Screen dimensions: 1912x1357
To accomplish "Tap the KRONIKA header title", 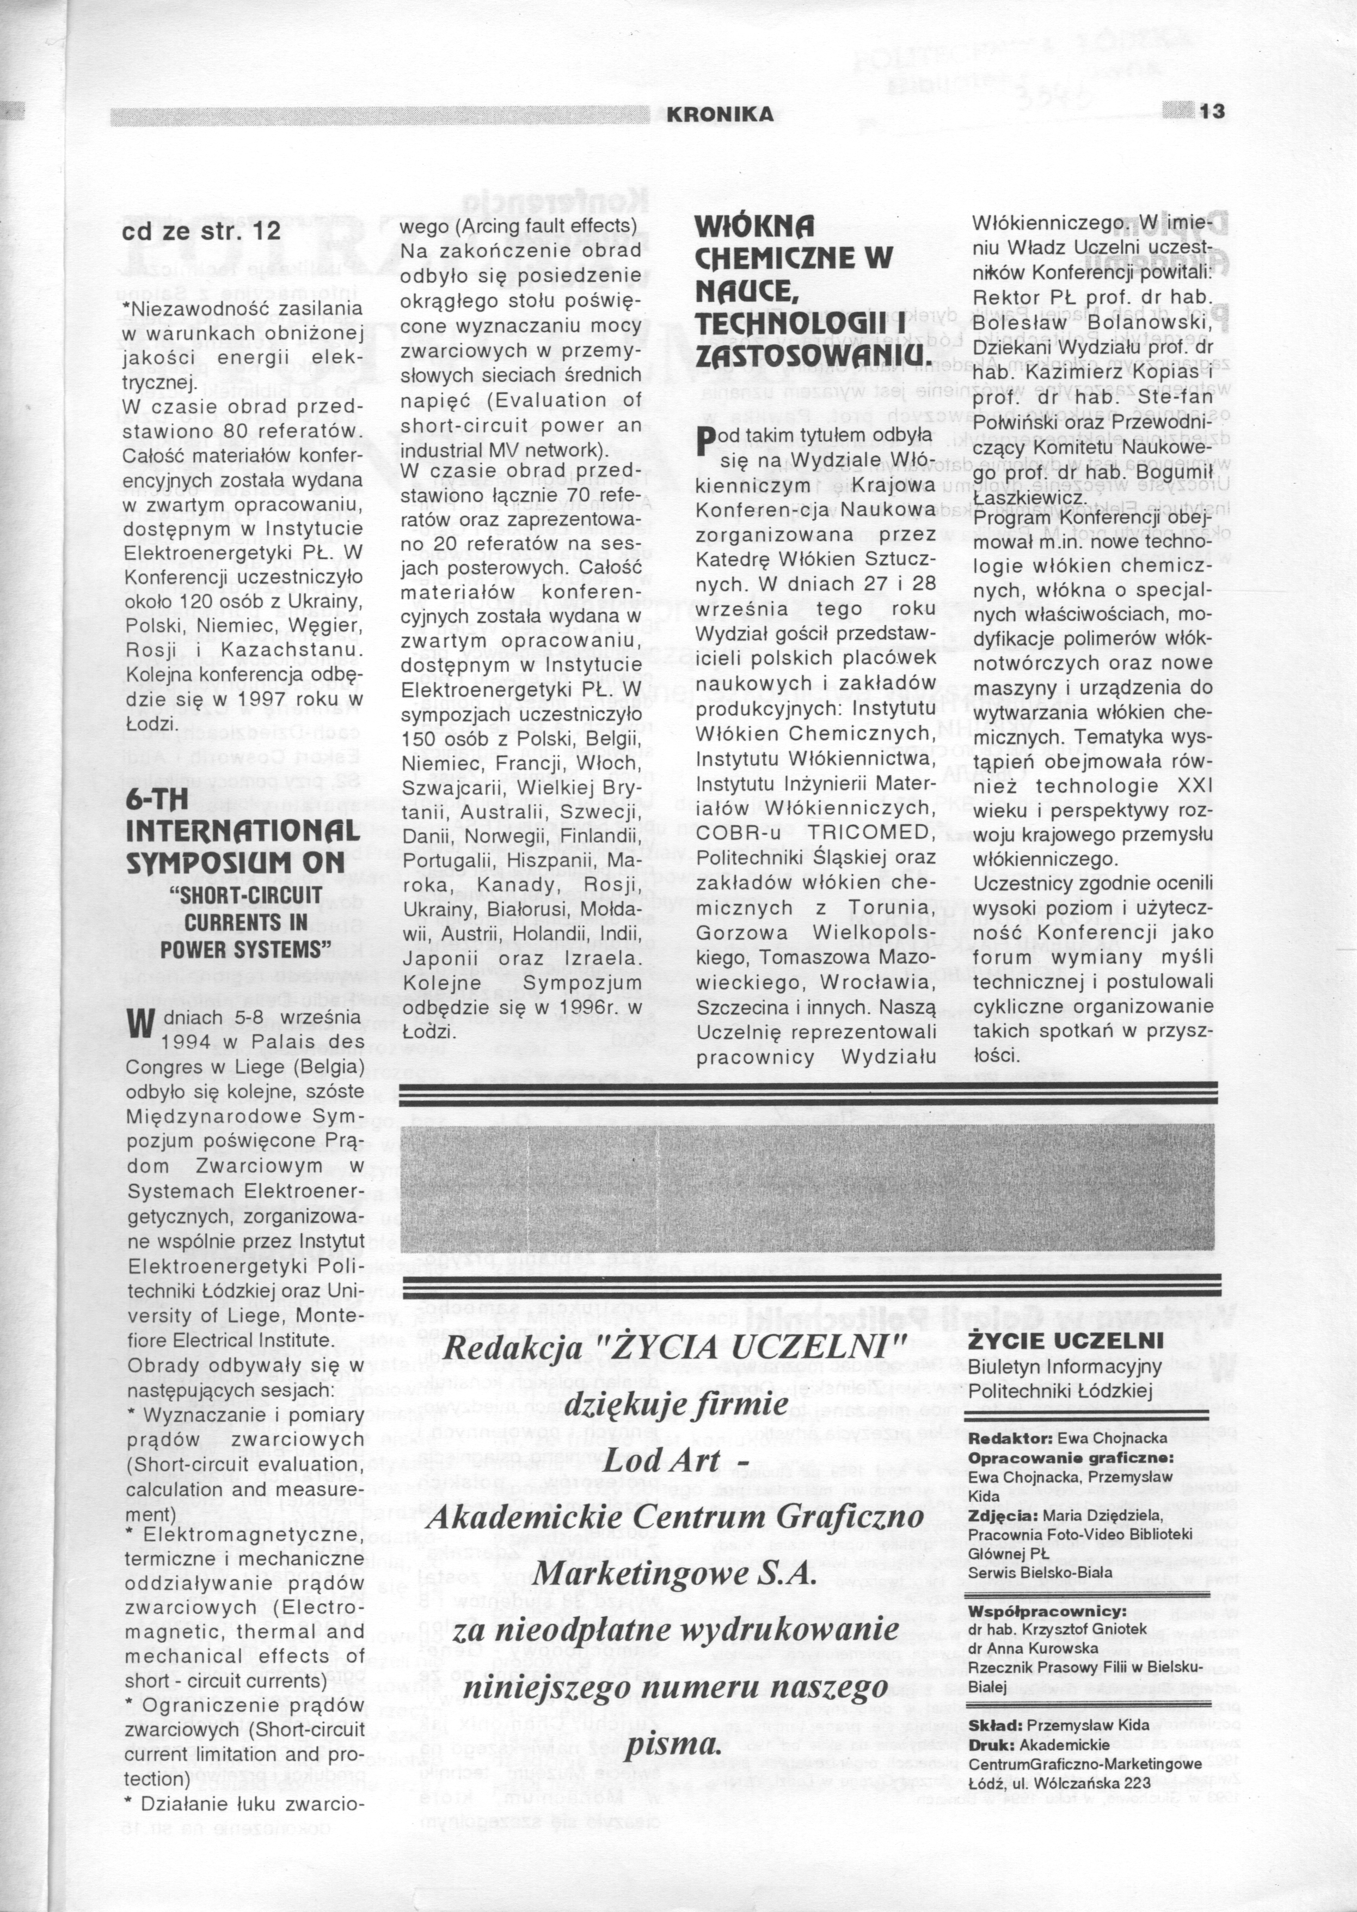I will (720, 114).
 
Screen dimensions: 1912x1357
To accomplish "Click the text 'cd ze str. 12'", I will (201, 231).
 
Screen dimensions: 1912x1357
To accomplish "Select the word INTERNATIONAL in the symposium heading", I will (242, 832).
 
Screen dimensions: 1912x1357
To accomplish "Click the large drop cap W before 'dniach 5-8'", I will (139, 1024).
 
